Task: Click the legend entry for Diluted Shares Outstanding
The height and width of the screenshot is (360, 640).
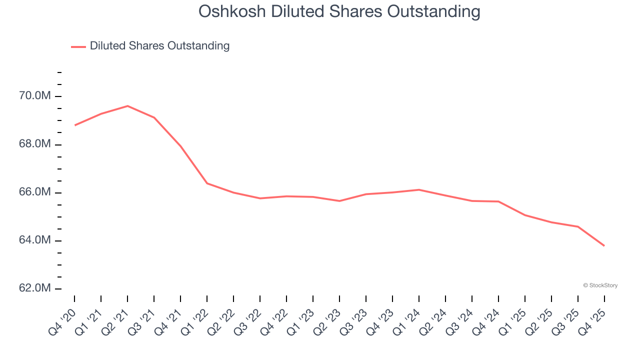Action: pyautogui.click(x=159, y=46)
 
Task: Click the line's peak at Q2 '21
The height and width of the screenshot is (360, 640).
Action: pyautogui.click(x=127, y=106)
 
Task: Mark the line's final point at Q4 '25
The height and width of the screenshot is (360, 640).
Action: pyautogui.click(x=604, y=245)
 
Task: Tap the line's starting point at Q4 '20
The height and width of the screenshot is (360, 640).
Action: pyautogui.click(x=75, y=125)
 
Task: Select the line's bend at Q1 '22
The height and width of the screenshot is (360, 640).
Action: pyautogui.click(x=207, y=183)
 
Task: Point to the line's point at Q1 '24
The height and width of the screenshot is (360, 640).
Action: pyautogui.click(x=418, y=189)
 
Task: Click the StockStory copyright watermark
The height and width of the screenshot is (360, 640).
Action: pyautogui.click(x=600, y=285)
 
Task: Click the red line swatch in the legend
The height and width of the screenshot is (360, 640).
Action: pyautogui.click(x=78, y=46)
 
